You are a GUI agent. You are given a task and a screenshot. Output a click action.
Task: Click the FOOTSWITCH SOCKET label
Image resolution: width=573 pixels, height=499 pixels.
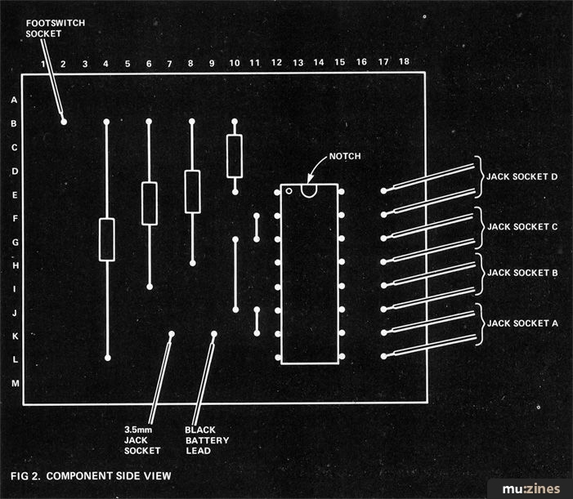pyautogui.click(x=56, y=29)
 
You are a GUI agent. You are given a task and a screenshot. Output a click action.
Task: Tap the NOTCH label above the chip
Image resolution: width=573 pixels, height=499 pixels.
pyautogui.click(x=345, y=156)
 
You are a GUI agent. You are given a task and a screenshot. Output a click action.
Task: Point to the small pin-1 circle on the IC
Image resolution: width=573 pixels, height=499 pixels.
pyautogui.click(x=289, y=191)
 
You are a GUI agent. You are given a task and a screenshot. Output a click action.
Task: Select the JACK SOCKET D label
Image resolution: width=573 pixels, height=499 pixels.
pyautogui.click(x=522, y=176)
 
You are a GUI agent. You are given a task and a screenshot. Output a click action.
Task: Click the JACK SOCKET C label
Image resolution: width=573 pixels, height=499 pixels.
pyautogui.click(x=522, y=227)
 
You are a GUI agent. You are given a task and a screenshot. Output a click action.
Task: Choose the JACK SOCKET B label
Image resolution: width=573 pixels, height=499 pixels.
pyautogui.click(x=522, y=273)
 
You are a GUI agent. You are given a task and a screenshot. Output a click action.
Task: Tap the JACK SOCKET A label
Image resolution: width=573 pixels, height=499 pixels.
pyautogui.click(x=522, y=323)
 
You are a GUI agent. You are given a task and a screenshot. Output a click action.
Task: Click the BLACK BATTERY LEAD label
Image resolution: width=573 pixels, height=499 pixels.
pyautogui.click(x=207, y=440)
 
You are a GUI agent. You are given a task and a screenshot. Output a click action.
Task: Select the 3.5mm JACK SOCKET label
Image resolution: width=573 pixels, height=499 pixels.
pyautogui.click(x=142, y=440)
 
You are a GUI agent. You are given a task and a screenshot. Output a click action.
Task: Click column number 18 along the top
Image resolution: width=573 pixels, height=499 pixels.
pyautogui.click(x=404, y=61)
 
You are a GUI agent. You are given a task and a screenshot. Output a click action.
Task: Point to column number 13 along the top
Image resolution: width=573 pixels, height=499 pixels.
pyautogui.click(x=298, y=63)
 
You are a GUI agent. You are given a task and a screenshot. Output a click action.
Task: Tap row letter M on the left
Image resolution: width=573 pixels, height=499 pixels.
pyautogui.click(x=15, y=383)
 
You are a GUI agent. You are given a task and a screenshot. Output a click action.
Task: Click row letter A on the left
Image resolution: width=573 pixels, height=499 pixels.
pyautogui.click(x=14, y=100)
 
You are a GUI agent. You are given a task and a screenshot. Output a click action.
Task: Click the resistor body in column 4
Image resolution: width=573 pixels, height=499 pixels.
pyautogui.click(x=107, y=240)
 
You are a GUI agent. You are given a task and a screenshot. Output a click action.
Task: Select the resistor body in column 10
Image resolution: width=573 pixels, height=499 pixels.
pyautogui.click(x=235, y=156)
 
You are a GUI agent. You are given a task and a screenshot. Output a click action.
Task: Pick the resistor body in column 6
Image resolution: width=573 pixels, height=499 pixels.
pyautogui.click(x=150, y=203)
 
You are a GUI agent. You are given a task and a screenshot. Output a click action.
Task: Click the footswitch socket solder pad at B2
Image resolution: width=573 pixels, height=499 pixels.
pyautogui.click(x=64, y=122)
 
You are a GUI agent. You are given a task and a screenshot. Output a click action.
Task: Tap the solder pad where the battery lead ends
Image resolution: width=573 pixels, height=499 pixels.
pyautogui.click(x=214, y=334)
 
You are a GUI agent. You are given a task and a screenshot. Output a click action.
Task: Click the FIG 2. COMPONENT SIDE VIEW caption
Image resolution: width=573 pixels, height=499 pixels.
pyautogui.click(x=91, y=476)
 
